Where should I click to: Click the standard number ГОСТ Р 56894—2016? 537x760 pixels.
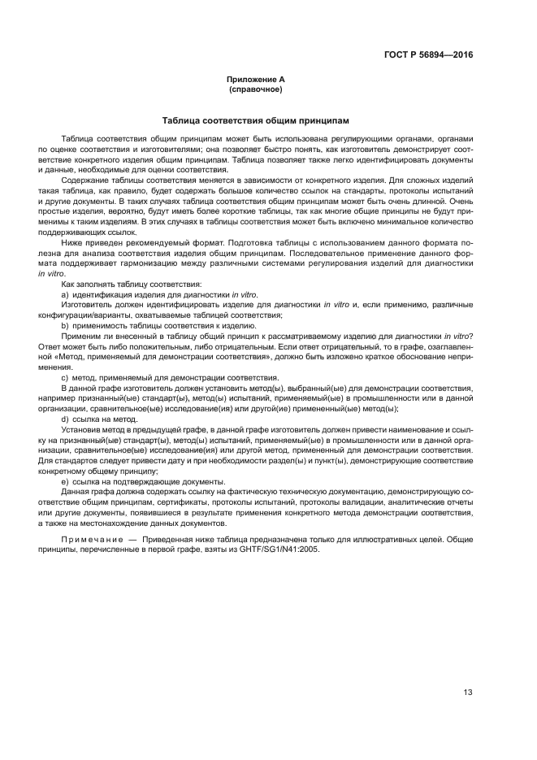(x=427, y=54)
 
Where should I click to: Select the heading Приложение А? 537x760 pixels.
(x=255, y=79)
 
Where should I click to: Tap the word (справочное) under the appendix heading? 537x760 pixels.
(x=255, y=89)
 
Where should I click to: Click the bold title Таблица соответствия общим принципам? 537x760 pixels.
(x=255, y=119)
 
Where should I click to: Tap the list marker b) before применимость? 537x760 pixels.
(x=65, y=324)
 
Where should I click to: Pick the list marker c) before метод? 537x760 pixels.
(x=65, y=377)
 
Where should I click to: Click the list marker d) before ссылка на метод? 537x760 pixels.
(x=65, y=419)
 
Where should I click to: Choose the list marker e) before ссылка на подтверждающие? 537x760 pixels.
(x=65, y=481)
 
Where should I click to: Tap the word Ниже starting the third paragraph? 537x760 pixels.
(x=71, y=243)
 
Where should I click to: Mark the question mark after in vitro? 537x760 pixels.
(x=471, y=335)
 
